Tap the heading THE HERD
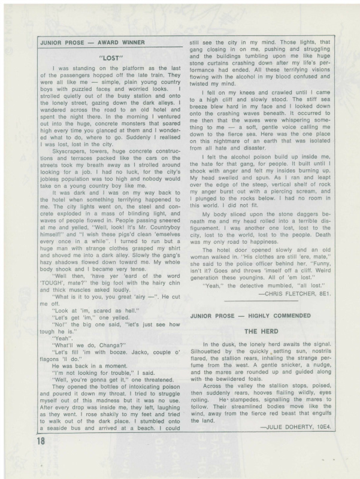259,331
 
